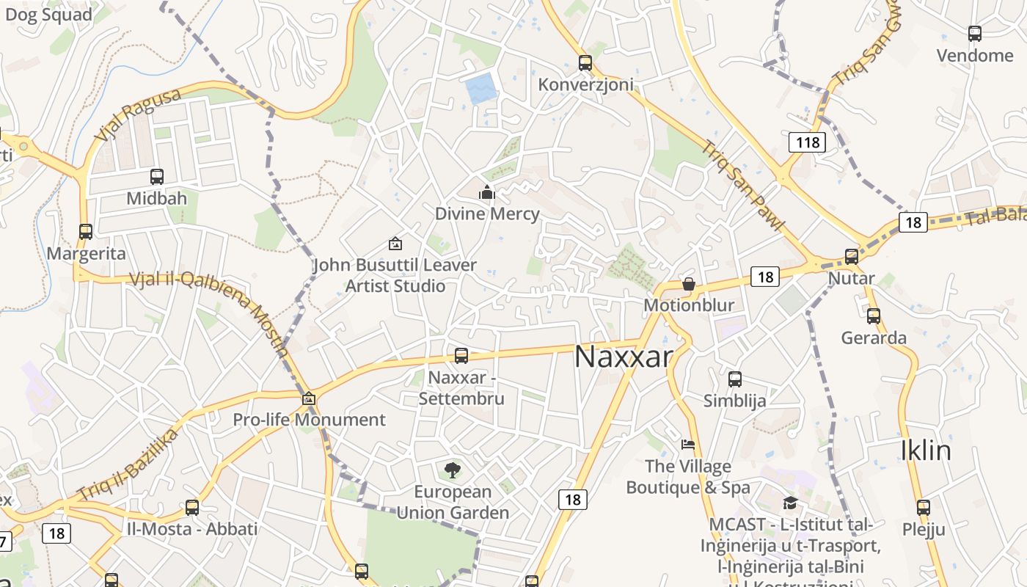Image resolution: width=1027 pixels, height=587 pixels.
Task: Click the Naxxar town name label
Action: pos(623,357)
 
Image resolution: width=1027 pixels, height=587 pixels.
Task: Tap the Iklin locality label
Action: pos(926,450)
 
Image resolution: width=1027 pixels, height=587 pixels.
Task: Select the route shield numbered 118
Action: pos(807,142)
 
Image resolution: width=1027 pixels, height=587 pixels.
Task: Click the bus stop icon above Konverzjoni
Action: pos(585,63)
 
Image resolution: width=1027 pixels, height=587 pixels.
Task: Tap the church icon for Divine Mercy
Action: pos(486,193)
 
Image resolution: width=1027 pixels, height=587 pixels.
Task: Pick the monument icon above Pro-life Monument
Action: pos(309,399)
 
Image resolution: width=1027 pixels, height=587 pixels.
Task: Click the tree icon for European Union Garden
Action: pos(453,470)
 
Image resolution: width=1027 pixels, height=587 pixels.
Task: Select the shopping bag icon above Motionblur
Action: pos(688,284)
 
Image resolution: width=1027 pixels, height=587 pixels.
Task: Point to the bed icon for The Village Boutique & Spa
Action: pos(687,444)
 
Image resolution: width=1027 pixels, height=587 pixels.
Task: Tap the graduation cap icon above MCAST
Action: pos(790,503)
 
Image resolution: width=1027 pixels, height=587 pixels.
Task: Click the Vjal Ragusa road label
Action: pos(138,115)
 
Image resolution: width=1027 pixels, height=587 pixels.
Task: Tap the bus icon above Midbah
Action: pos(156,177)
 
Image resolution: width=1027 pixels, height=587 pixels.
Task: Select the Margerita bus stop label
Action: pos(86,254)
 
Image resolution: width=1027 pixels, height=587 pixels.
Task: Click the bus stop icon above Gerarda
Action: pos(873,316)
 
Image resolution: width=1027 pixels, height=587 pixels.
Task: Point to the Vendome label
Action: pos(975,56)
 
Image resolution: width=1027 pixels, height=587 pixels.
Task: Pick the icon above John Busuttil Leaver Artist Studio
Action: pos(395,244)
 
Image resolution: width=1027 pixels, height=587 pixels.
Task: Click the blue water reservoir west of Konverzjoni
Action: pos(481,89)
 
